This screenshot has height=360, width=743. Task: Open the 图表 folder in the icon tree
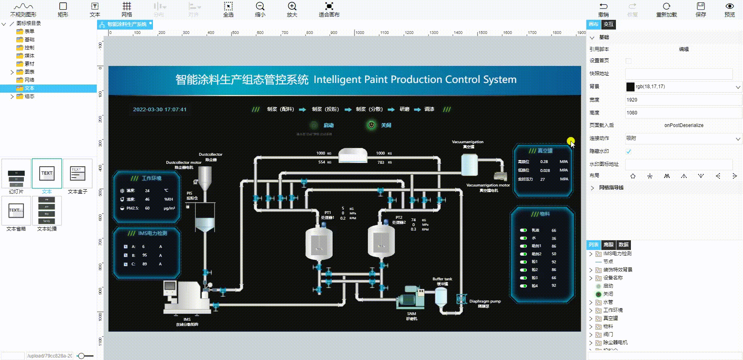pyautogui.click(x=30, y=72)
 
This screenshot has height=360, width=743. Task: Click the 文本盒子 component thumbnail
pyautogui.click(x=77, y=174)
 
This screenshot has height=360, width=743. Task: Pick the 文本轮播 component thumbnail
pyautogui.click(x=47, y=211)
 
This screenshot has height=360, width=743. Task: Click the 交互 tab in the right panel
pyautogui.click(x=608, y=24)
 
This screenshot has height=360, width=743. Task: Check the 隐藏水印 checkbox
pyautogui.click(x=628, y=151)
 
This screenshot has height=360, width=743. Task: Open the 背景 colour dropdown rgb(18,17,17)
pyautogui.click(x=684, y=87)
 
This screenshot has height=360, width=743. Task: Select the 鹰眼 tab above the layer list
pyautogui.click(x=608, y=245)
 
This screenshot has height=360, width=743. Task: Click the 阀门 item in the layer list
pyautogui.click(x=608, y=335)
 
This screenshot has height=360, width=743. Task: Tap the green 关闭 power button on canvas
pyautogui.click(x=371, y=125)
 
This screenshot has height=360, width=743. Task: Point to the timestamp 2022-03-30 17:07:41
pyautogui.click(x=160, y=110)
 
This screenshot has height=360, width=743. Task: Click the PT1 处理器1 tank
pyautogui.click(x=319, y=243)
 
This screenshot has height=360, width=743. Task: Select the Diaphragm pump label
pyautogui.click(x=485, y=301)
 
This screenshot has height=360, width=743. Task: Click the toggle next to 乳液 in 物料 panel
pyautogui.click(x=523, y=230)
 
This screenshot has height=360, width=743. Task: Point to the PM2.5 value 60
pyautogui.click(x=147, y=208)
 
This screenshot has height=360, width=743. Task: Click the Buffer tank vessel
pyautogui.click(x=441, y=297)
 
